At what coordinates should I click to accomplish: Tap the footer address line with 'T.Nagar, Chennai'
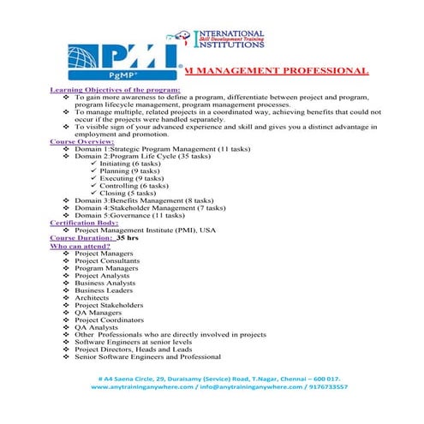(x=219, y=378)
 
